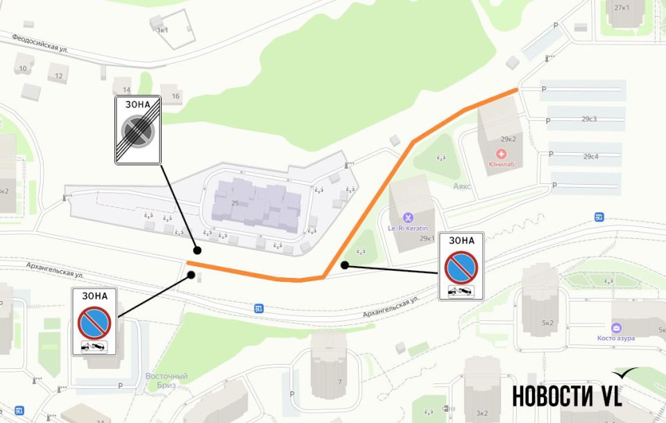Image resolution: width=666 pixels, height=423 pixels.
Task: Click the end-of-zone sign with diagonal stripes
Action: pos(138,130)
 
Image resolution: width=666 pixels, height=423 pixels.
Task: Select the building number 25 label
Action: pos(235,203)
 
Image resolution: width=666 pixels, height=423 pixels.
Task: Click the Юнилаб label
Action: pos(504,164)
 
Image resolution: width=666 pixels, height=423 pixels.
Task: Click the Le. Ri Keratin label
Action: pos(407,228)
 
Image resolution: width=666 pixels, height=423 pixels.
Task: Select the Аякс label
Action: pos(463,186)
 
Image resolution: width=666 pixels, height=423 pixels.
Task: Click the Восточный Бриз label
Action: pos(166,380)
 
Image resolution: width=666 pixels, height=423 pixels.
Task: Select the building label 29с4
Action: pos(591,156)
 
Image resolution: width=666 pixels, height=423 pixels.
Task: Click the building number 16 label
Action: pos(176,97)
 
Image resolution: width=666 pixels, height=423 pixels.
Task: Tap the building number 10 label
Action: pos(23,68)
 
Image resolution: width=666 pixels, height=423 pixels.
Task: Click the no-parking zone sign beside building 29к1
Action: pos(461,266)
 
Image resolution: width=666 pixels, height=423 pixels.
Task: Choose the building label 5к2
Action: pos(548,322)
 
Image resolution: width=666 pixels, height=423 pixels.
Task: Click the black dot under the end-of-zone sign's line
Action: pos(197,250)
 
